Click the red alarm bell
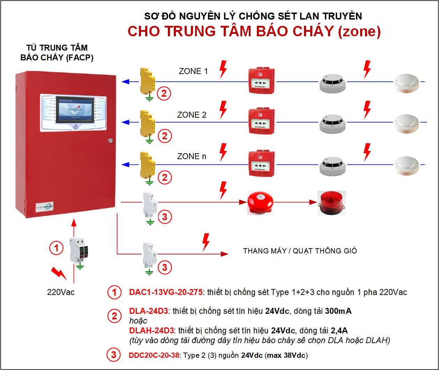260,202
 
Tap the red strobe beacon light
331,203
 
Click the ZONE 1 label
193,71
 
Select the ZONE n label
192,156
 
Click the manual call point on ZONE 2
262,120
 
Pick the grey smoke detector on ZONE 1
332,83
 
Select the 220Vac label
61,292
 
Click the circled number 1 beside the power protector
56,248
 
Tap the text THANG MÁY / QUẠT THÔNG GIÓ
300,251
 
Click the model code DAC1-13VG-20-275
166,292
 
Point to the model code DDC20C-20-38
154,355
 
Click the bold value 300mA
338,311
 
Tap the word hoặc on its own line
138,320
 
